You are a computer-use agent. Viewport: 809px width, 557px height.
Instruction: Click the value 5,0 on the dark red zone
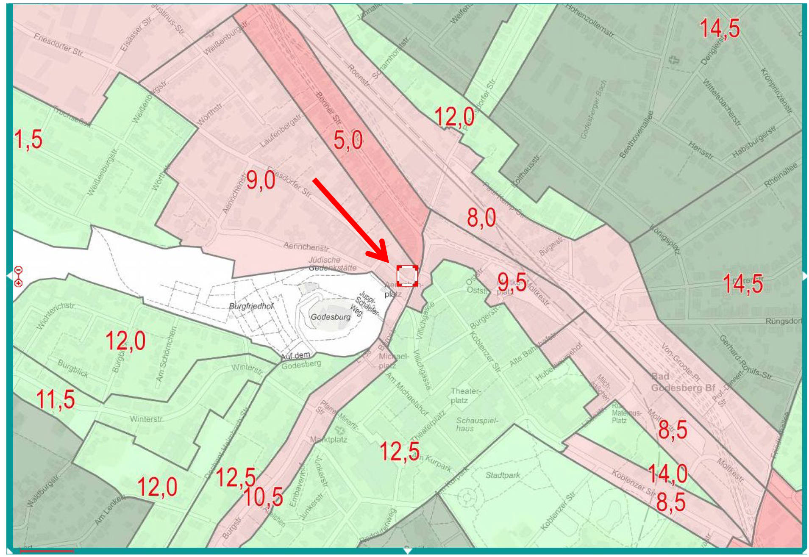pos(348,140)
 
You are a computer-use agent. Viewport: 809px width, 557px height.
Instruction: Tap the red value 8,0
pos(481,217)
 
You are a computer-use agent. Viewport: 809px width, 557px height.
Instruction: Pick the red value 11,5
pos(56,399)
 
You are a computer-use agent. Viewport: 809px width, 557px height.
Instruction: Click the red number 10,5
pos(263,496)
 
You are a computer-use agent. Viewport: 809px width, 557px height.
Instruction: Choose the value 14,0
pos(667,473)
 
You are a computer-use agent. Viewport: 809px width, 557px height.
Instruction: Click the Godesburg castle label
pos(331,317)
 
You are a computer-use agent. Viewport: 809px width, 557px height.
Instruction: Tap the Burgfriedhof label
pos(251,306)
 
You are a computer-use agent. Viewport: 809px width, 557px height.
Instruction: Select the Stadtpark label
pos(503,475)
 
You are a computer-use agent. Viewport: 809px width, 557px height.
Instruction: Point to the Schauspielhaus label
pos(477,424)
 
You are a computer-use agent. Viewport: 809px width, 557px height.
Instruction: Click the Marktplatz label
pos(329,440)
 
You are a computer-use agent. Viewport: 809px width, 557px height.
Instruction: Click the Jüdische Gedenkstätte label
pos(332,263)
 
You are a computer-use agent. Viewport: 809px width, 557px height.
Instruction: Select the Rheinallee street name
pos(781,175)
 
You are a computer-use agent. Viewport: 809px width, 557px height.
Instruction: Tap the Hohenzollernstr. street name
pos(589,20)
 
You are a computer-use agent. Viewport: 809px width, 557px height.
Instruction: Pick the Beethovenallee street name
pos(636,135)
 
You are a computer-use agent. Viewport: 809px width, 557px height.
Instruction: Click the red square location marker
pos(407,276)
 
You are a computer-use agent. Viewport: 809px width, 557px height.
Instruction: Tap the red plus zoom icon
pos(18,283)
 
